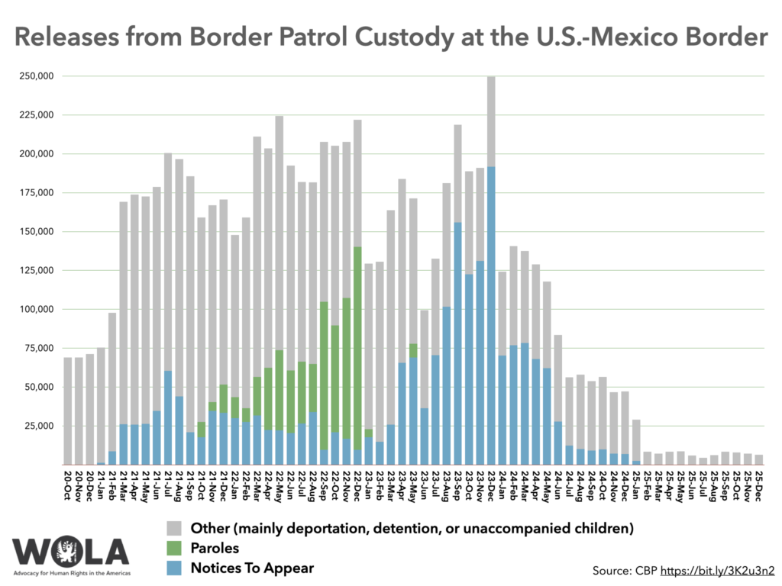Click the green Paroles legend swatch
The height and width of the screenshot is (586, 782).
click(x=173, y=548)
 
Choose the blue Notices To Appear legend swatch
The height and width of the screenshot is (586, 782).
click(x=173, y=568)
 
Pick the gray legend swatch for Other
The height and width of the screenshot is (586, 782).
click(x=173, y=528)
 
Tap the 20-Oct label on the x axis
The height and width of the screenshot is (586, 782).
click(x=68, y=483)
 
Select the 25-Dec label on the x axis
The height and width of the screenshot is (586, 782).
click(x=759, y=483)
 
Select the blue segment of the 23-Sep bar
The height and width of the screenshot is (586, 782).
click(x=457, y=343)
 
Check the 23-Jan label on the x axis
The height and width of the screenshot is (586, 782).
click(x=369, y=483)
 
